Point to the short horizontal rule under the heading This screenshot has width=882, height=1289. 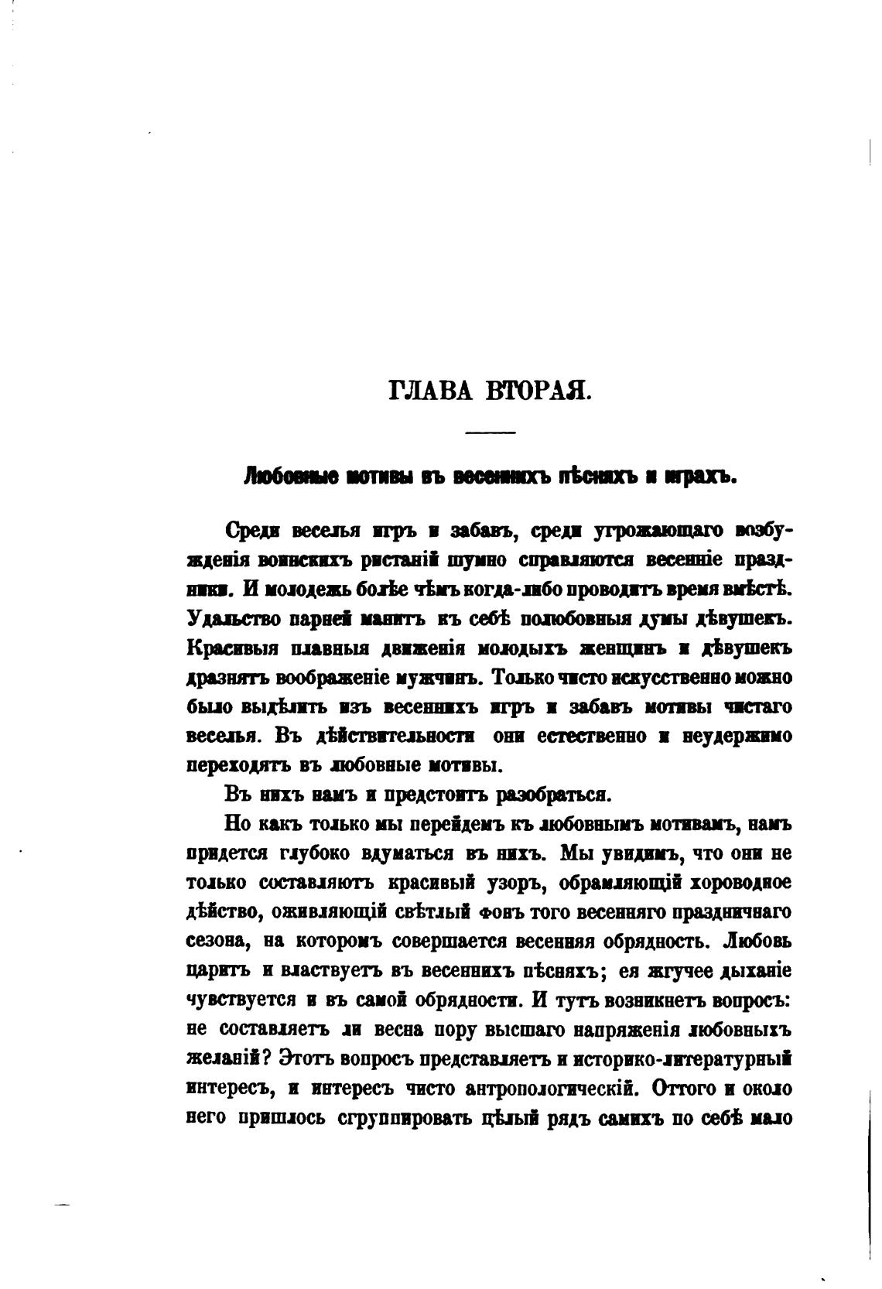click(x=490, y=432)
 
